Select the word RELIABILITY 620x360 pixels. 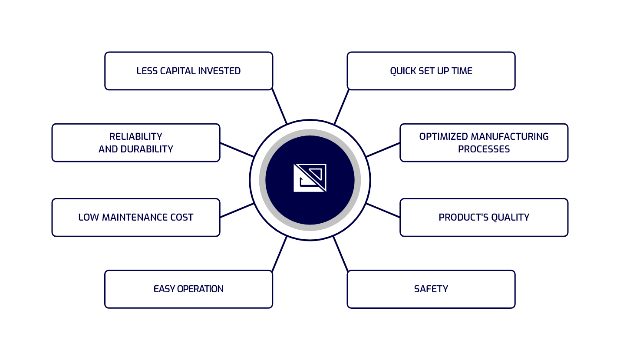(136, 136)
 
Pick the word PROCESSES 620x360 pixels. (484, 149)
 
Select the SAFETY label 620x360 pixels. (431, 289)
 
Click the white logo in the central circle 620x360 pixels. (310, 178)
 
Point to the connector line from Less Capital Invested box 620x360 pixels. (279, 106)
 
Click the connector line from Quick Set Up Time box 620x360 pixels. (341, 107)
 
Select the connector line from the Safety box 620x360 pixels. (341, 254)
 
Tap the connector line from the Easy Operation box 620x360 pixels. (280, 254)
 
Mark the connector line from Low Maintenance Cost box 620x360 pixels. (237, 210)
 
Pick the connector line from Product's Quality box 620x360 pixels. (383, 210)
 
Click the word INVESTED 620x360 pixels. (220, 71)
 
